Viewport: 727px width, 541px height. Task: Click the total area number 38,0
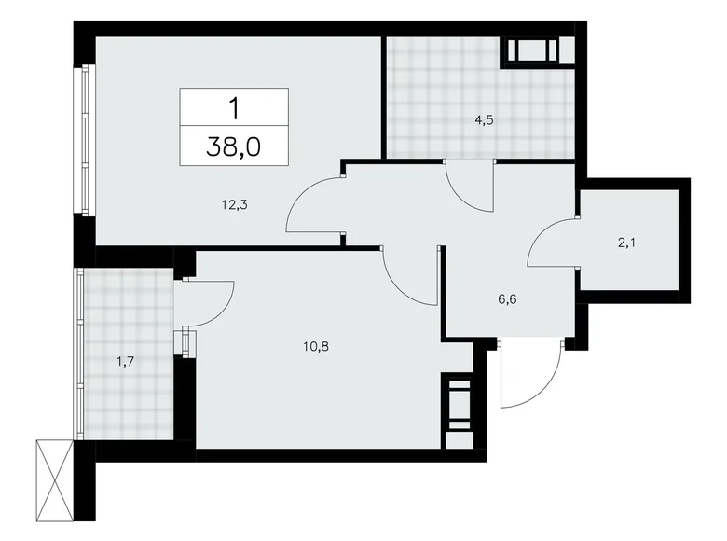click(x=234, y=146)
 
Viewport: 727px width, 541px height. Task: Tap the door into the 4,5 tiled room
click(x=469, y=185)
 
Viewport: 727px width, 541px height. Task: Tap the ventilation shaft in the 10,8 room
click(x=459, y=402)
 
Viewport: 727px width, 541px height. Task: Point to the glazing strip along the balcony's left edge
click(x=79, y=354)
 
